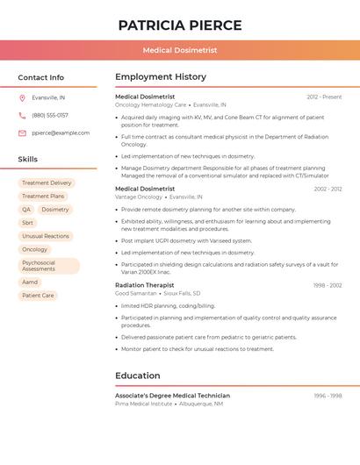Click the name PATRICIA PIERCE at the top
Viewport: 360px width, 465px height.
coord(179,25)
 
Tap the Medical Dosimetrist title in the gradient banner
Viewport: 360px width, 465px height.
coord(179,50)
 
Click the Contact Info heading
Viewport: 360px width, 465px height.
coord(40,77)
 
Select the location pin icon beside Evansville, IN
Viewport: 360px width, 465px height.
coord(22,97)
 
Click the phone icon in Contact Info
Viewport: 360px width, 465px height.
coord(22,115)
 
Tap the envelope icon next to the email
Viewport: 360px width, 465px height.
coord(22,133)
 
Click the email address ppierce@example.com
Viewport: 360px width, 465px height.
coord(61,133)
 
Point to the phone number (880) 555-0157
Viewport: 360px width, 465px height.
coord(50,115)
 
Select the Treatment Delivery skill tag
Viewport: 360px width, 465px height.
coord(47,183)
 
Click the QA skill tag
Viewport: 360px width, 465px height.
coord(26,210)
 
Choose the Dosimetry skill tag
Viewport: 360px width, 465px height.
coord(55,210)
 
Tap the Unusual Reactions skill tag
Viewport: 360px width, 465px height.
coord(45,236)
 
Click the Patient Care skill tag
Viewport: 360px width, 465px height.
coord(38,296)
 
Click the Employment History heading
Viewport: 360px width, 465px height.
coord(161,77)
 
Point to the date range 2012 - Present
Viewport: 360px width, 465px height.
coord(324,97)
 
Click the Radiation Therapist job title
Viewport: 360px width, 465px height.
coord(145,285)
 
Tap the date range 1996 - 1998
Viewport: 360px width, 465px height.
coord(328,396)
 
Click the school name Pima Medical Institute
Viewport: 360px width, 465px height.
coord(143,404)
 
